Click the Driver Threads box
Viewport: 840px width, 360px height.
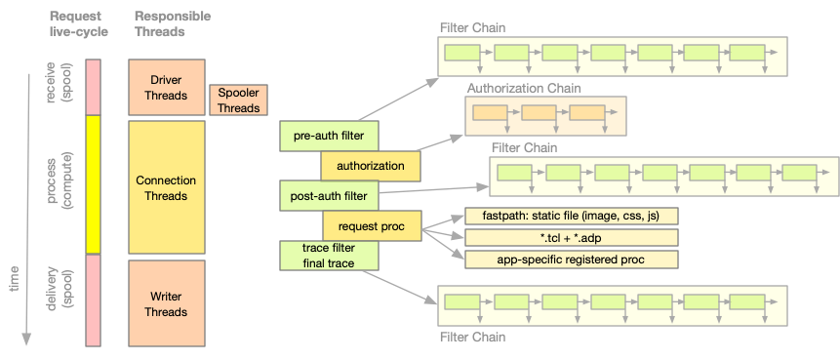pos(166,87)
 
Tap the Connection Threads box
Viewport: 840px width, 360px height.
pos(166,187)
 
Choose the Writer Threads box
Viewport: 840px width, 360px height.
pos(166,304)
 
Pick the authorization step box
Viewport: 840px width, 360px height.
pos(370,166)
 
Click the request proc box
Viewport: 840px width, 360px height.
pos(371,226)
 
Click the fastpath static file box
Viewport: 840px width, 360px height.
pos(571,216)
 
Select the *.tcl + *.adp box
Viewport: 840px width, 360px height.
pos(571,238)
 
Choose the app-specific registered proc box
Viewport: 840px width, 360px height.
pos(571,260)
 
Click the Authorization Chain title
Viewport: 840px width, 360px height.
pos(523,88)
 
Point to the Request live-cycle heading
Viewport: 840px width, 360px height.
pos(79,24)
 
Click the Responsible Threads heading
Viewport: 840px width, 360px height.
pos(171,24)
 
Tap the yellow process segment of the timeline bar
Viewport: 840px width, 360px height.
pos(94,184)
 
